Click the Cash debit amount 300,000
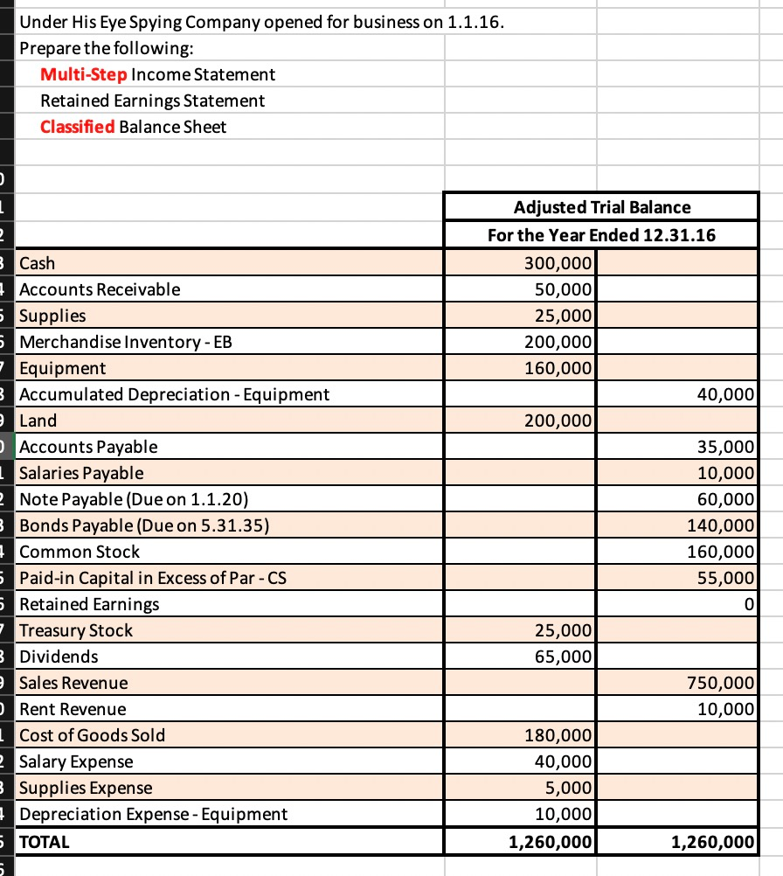558,262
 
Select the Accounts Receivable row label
100,289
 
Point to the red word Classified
77,127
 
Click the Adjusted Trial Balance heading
601,207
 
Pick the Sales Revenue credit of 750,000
725,683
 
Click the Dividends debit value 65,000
564,657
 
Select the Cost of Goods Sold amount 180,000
558,735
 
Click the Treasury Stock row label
76,630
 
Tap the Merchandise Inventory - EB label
126,341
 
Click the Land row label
38,421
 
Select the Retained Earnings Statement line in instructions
153,101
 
